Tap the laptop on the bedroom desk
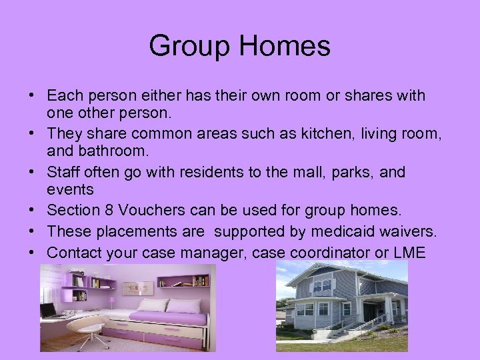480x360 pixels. (x=47, y=311)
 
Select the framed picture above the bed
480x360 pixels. (x=138, y=287)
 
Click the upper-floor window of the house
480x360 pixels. (x=322, y=285)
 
